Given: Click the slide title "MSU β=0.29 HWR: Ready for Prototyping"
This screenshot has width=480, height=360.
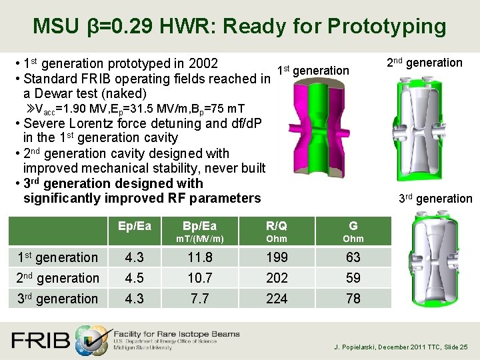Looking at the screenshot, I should coord(239,26).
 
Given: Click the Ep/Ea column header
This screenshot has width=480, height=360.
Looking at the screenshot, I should coord(133,227).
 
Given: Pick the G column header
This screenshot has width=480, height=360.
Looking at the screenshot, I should coord(353,227).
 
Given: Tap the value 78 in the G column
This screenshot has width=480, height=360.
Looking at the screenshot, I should coord(353,299).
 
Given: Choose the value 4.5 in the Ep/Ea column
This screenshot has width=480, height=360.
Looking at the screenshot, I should coord(133,278).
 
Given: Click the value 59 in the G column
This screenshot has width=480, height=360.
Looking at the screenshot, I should coord(353,278).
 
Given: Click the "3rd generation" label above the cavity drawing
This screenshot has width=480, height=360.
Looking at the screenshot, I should coord(435,198).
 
